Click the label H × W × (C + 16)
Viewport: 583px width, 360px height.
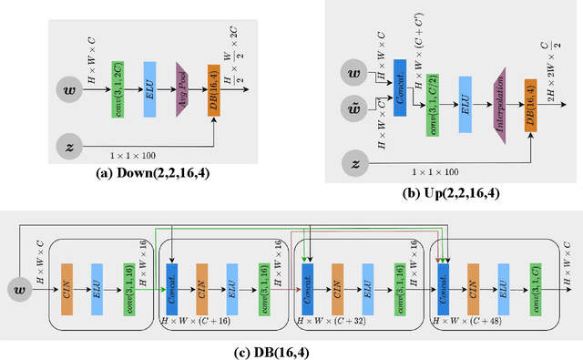tap(194, 323)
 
